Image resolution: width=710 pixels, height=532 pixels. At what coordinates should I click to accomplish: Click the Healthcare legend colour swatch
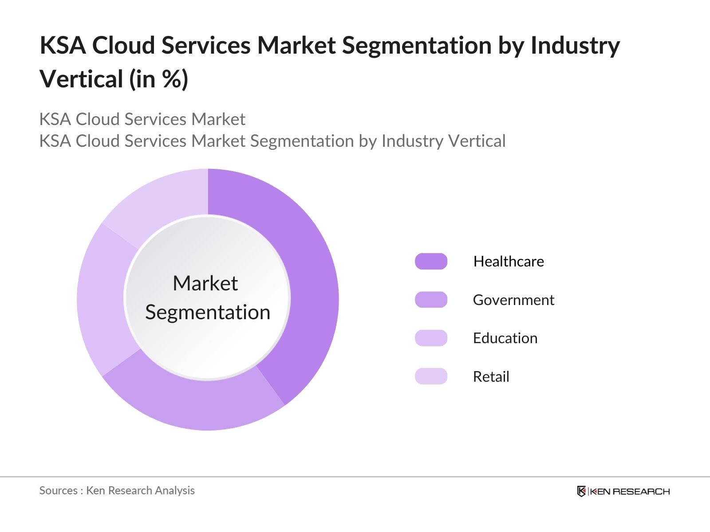[431, 262]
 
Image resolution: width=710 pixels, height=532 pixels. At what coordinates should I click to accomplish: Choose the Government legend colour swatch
[431, 300]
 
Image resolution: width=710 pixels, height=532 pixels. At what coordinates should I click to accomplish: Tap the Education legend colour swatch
[431, 338]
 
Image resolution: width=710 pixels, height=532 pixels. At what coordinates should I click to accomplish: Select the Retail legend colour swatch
[431, 376]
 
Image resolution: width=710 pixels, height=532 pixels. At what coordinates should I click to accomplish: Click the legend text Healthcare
[509, 262]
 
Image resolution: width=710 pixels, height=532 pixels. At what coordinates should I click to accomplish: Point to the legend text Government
[513, 300]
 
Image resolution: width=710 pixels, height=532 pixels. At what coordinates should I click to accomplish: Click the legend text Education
[505, 338]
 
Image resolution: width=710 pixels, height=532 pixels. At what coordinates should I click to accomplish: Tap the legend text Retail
[491, 377]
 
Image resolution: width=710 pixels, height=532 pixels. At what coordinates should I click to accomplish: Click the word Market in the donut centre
[205, 283]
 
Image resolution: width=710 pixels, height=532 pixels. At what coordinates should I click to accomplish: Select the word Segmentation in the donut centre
[208, 313]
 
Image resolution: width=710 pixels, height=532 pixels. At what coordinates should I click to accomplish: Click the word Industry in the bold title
[575, 46]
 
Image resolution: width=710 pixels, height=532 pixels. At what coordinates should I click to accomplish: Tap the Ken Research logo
[623, 491]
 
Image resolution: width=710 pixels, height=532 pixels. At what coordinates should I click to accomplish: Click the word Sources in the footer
[58, 491]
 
